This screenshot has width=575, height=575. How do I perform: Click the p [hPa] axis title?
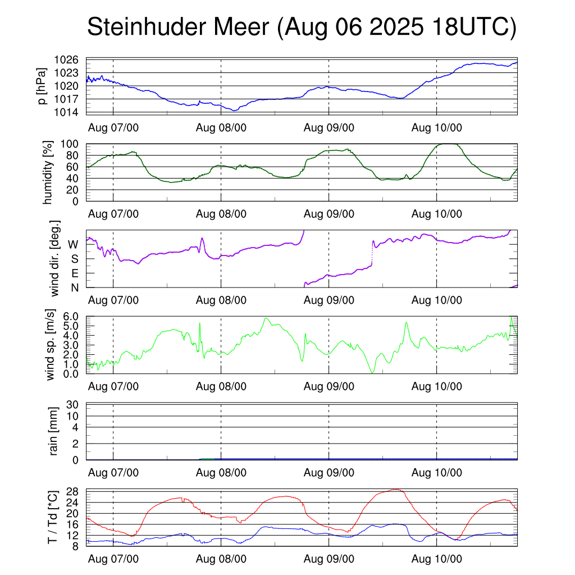(42, 85)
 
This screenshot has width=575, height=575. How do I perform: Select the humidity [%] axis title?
(49, 172)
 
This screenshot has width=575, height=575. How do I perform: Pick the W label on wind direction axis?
(73, 244)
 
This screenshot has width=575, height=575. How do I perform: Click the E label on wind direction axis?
(74, 273)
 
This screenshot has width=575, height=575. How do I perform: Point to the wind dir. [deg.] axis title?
(54, 259)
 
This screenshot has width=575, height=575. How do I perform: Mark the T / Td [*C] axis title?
(52, 517)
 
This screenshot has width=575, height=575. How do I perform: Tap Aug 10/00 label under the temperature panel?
(437, 559)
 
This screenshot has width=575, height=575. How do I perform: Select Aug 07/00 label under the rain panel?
(113, 473)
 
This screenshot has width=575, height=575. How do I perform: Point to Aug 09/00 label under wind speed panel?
(329, 386)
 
